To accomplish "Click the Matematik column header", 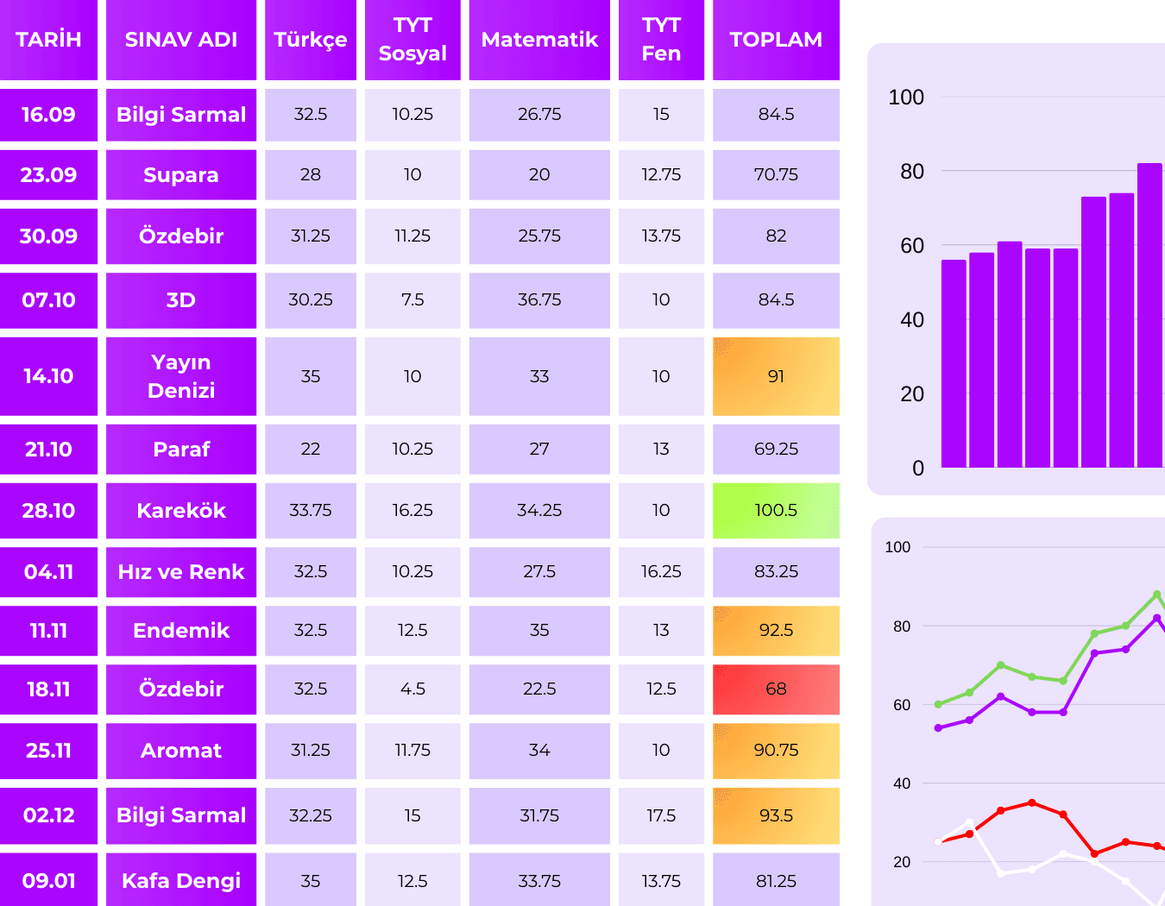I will pos(539,40).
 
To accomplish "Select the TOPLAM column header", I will pos(776,40).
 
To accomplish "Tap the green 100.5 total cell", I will pos(776,510).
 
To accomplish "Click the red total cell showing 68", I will pos(776,689).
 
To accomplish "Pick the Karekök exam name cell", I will pos(181,510).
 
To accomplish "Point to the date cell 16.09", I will pos(48,114).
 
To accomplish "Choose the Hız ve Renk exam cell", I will pos(181,571).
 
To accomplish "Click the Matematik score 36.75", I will pos(539,299).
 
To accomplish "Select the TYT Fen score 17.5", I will pos(661,815).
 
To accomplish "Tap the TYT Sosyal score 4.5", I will pos(412,689).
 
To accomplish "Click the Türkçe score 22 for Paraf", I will pos(311,449).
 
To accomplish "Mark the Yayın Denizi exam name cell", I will pos(181,376).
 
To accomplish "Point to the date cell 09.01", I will pos(48,880).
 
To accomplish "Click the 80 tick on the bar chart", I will pos(912,171).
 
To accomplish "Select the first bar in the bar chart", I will pos(954,363).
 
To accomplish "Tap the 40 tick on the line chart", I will pos(902,783).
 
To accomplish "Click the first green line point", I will pos(939,704).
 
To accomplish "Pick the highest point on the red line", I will pos(1032,802).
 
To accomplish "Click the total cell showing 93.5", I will pos(776,815).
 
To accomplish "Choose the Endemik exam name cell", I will pos(181,630).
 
